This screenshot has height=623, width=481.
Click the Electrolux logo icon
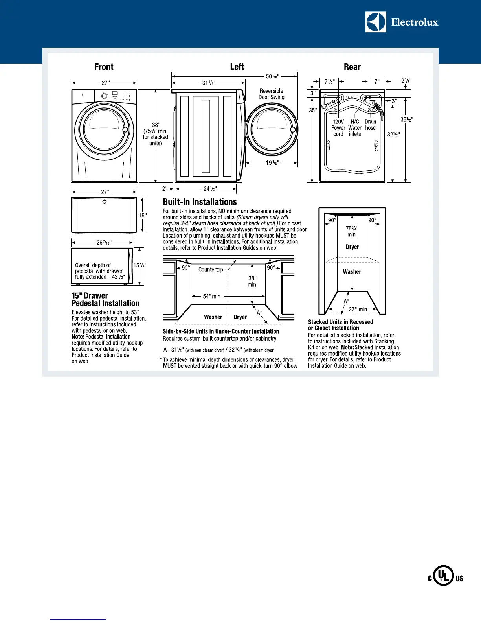click(x=375, y=22)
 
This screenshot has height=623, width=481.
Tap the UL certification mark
click(x=445, y=578)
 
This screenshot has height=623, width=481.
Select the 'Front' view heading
click(x=104, y=67)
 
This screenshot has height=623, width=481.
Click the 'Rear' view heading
click(x=352, y=67)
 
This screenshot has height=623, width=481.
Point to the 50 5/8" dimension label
click(x=273, y=76)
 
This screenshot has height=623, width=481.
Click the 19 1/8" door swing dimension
click(x=272, y=163)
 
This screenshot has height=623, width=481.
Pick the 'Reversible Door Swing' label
click(x=271, y=94)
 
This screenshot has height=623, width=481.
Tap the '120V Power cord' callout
click(x=338, y=128)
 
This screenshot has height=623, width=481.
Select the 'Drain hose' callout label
click(x=370, y=125)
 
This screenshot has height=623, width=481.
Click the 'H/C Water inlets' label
click(x=354, y=128)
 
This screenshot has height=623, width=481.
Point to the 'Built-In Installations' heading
click(x=200, y=202)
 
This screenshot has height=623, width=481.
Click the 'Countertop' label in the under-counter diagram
click(x=211, y=270)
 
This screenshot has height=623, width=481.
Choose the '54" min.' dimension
click(x=212, y=296)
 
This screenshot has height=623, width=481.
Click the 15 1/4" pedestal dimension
click(x=140, y=265)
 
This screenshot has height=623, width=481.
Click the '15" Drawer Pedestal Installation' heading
click(x=105, y=299)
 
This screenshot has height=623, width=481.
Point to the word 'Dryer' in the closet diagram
click(x=352, y=247)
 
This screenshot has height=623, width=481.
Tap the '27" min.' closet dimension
click(x=358, y=309)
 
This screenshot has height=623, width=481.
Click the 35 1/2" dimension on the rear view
click(x=406, y=119)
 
